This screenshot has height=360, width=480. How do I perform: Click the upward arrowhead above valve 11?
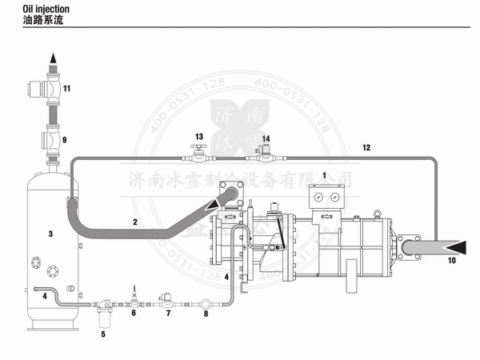coord(52,57)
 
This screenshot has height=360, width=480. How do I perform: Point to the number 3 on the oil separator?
coord(50,234)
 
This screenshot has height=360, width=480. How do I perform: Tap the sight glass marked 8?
coord(206,304)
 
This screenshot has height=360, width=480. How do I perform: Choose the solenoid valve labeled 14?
coord(266,150)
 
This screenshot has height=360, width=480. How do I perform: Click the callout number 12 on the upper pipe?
coord(366,147)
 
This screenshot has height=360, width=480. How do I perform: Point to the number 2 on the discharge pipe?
coord(135,221)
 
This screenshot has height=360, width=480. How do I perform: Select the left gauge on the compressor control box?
coord(319,195)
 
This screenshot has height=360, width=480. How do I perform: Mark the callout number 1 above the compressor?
coord(324,174)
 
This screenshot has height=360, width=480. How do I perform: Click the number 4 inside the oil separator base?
coord(45,295)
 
